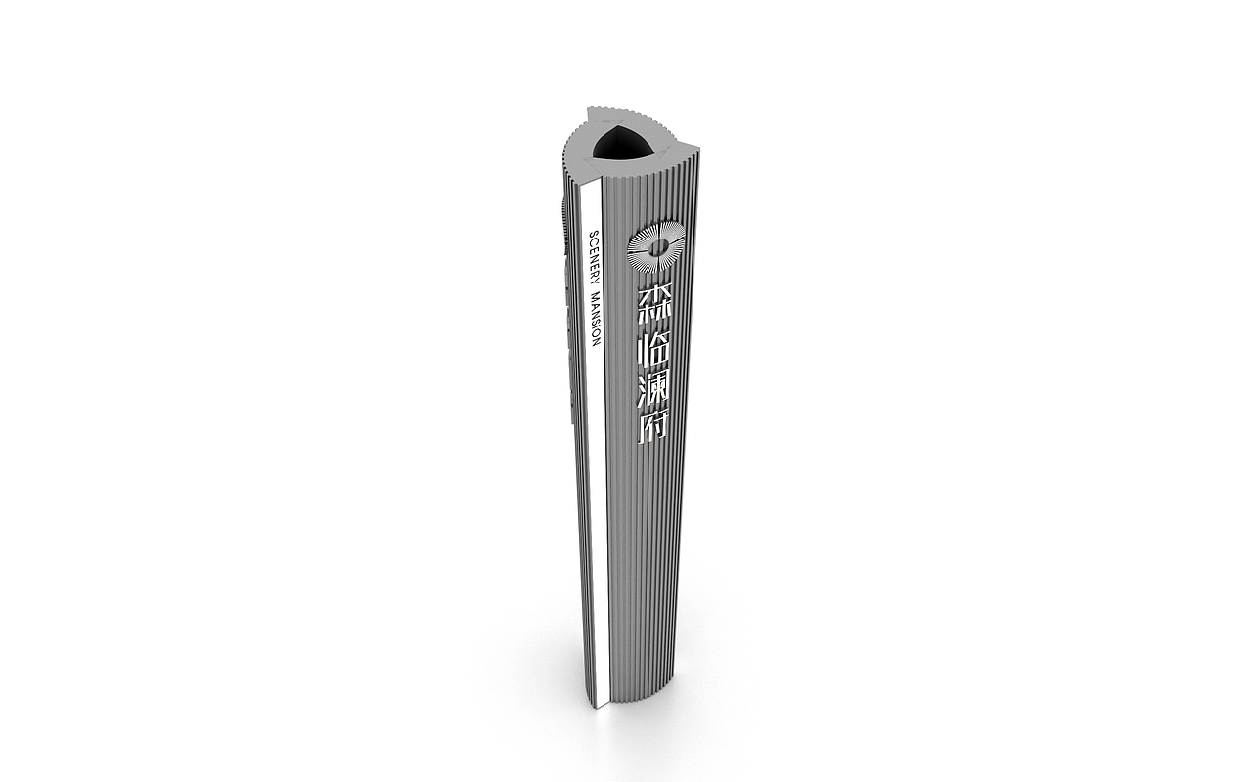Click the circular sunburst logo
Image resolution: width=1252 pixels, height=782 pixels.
click(656, 247)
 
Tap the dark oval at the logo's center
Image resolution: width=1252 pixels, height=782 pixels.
click(657, 246)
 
